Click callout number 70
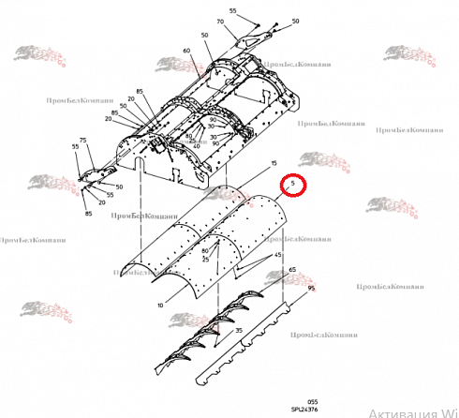tap(221, 22)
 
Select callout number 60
tap(186, 50)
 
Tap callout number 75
tap(82, 141)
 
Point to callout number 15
tap(274, 164)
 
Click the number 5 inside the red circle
tap(293, 185)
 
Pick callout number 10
tap(161, 306)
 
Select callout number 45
tap(277, 255)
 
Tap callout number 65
tap(292, 270)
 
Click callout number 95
tap(311, 288)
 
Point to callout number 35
tap(239, 331)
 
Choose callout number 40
tap(196, 146)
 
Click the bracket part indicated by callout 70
tap(249, 42)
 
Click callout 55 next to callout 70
tap(233, 11)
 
